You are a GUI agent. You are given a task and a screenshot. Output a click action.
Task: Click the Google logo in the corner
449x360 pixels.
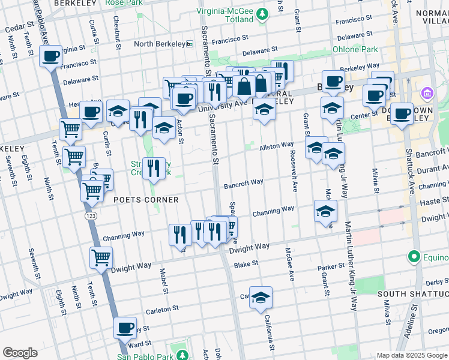[20, 353]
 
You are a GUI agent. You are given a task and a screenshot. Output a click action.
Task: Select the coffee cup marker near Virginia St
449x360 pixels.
[51, 57]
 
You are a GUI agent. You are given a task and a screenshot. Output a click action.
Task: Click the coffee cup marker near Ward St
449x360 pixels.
[125, 328]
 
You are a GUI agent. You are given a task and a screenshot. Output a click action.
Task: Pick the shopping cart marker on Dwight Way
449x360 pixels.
[101, 257]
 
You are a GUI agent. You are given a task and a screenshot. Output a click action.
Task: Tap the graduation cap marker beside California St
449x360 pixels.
[261, 298]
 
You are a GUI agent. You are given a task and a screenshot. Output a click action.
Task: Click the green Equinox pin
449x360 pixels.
[413, 257]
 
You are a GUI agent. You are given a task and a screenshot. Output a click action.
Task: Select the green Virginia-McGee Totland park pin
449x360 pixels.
[262, 14]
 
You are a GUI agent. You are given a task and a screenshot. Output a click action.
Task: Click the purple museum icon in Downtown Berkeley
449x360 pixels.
[427, 94]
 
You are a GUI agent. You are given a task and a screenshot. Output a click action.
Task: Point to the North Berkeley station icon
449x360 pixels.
[189, 44]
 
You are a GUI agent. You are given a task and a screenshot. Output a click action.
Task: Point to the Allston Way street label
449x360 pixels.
[276, 146]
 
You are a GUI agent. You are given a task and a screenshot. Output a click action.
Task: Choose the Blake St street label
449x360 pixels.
[246, 263]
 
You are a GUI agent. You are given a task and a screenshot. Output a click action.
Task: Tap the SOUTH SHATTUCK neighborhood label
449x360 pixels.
[412, 294]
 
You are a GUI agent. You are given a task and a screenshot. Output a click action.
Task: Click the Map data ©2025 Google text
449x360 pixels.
[411, 355]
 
